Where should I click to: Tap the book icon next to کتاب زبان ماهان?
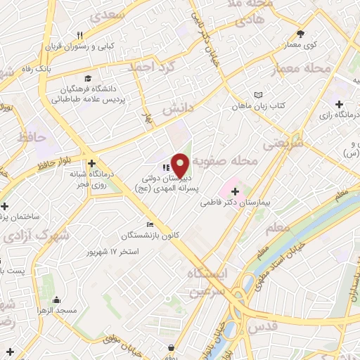point(259,94)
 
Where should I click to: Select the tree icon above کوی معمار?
point(301,33)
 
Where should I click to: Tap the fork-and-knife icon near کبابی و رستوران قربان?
point(81,35)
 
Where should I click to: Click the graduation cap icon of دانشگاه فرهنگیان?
point(88,78)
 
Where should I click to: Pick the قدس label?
point(263,326)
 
